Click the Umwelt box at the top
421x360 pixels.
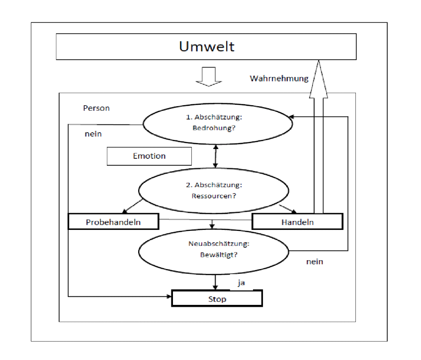(x=206, y=47)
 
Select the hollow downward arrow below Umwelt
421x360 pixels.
(x=207, y=76)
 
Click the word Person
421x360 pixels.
(x=97, y=108)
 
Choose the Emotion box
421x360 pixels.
(x=149, y=156)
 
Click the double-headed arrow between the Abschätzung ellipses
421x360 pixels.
(x=215, y=156)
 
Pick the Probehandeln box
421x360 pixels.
(x=113, y=222)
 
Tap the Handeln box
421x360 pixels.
(x=297, y=222)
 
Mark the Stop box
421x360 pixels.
(x=216, y=299)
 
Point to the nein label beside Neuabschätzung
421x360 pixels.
(x=315, y=262)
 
